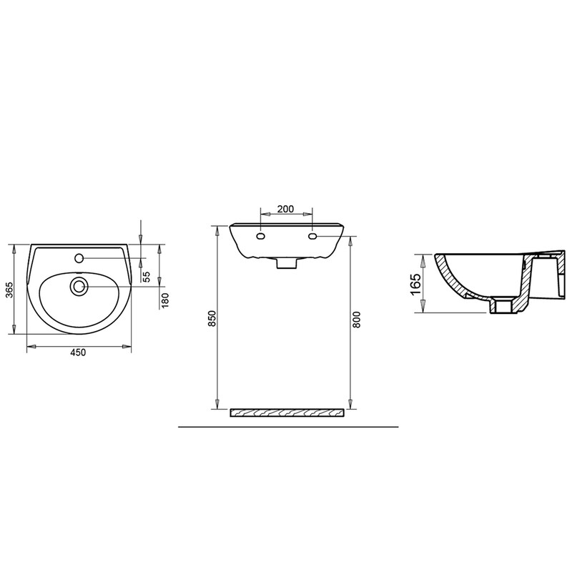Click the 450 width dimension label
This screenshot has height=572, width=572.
point(78,352)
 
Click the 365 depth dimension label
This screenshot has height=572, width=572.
point(10,290)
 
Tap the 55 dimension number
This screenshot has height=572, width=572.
point(147,277)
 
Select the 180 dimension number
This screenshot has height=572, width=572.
point(165,300)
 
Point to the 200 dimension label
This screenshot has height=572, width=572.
point(285,209)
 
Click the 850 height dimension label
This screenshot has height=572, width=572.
point(212,318)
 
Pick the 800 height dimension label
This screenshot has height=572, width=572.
point(356,319)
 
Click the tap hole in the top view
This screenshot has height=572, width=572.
point(79,258)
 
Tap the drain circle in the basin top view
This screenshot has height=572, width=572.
point(79,287)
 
